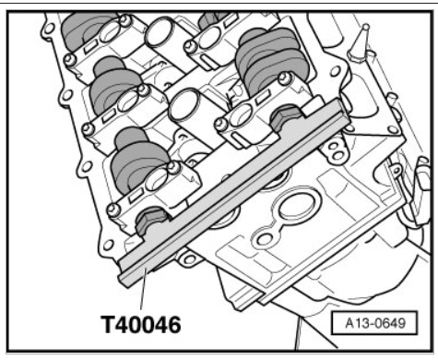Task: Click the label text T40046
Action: (141, 324)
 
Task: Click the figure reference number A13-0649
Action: (375, 323)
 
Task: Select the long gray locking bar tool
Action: (233, 192)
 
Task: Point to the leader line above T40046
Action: (143, 289)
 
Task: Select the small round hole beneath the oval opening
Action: (263, 239)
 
